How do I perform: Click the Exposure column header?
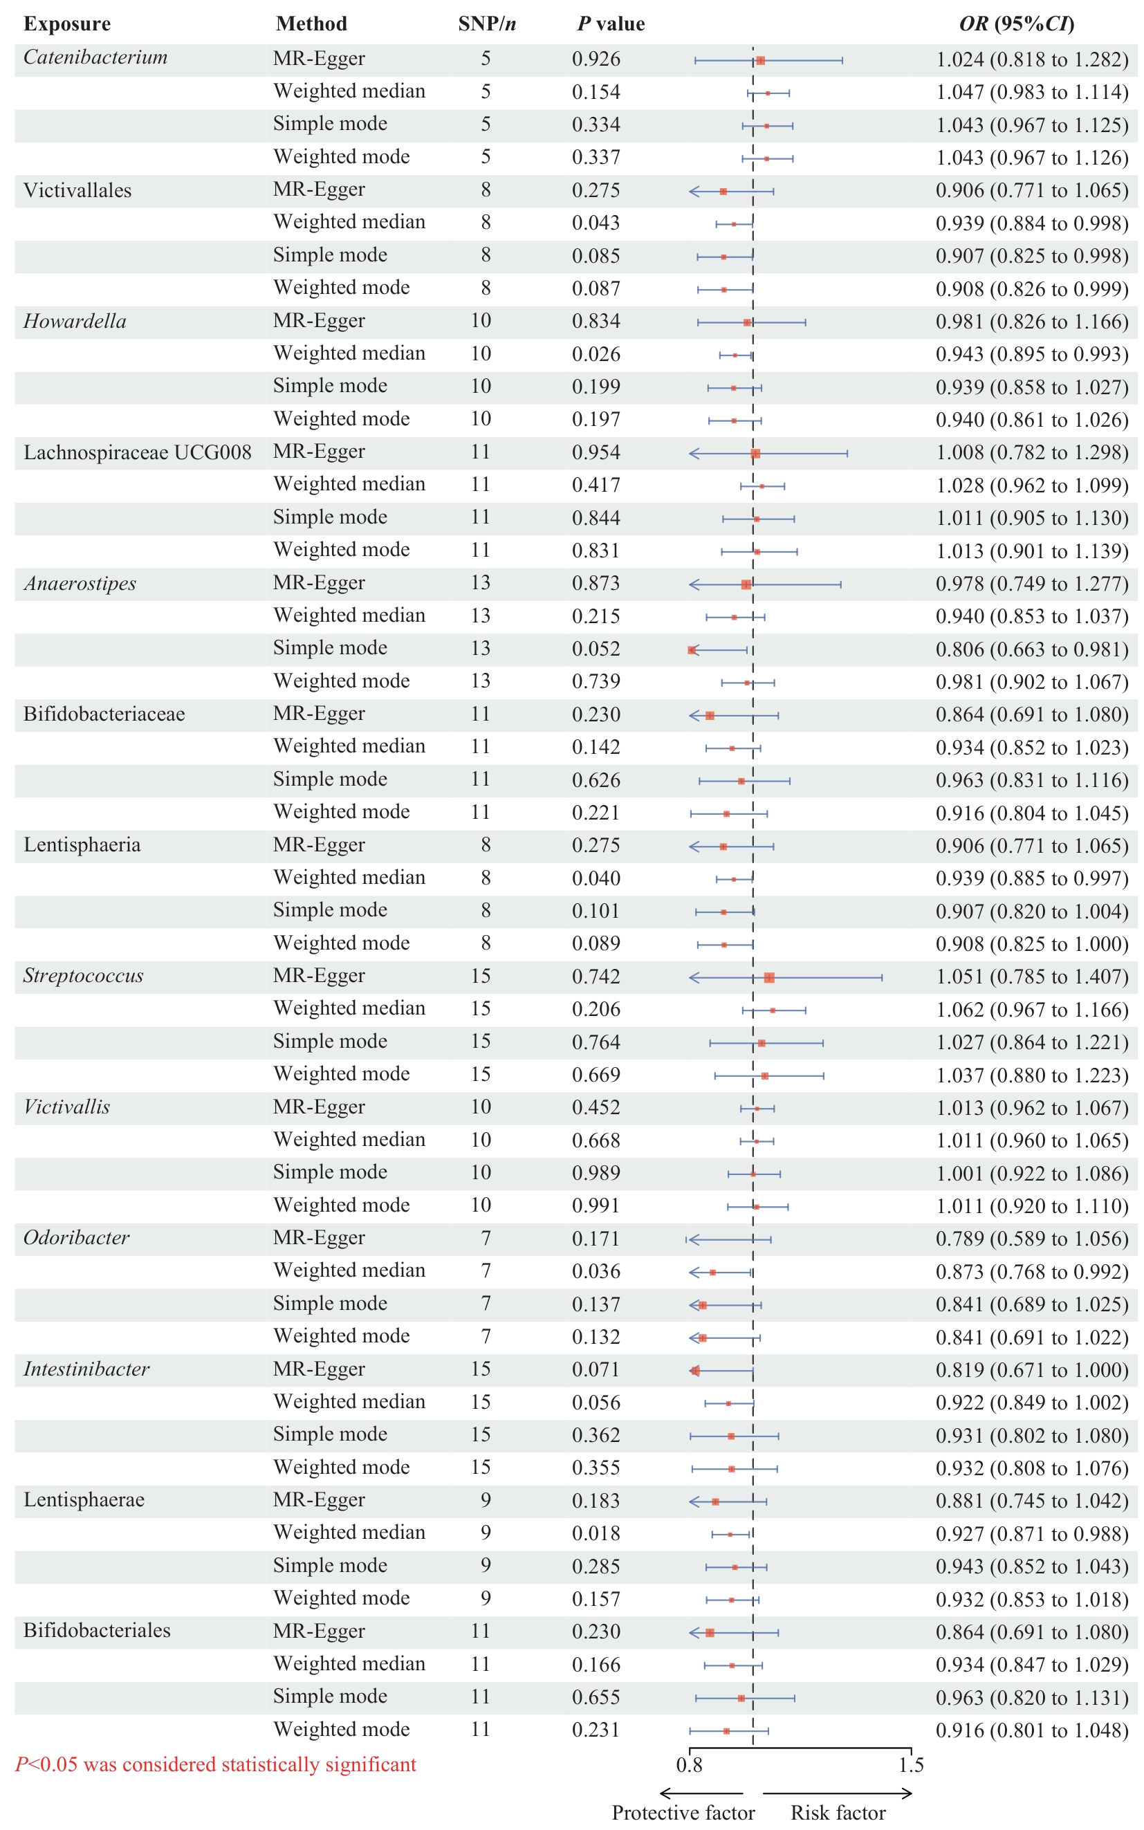pos(66,24)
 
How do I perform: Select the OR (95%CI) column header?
pos(1016,24)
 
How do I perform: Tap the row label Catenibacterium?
pos(95,57)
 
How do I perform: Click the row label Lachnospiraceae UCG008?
pos(137,452)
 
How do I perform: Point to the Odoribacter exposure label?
pos(76,1238)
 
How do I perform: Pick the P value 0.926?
pos(596,59)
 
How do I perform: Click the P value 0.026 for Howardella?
pos(596,354)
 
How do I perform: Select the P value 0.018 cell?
pos(596,1533)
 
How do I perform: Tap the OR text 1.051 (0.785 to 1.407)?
pos(1032,977)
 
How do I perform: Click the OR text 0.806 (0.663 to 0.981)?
pos(1032,649)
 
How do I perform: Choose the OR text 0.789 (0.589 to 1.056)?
pos(1032,1239)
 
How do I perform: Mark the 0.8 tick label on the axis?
pos(690,1765)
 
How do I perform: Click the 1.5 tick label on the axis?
pos(911,1765)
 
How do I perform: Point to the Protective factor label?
pos(683,1813)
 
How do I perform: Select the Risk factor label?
pos(838,1813)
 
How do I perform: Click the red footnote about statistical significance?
pos(216,1764)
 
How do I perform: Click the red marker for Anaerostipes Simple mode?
pos(692,650)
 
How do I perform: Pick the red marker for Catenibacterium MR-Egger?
pos(760,59)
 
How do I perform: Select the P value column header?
pos(611,24)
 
